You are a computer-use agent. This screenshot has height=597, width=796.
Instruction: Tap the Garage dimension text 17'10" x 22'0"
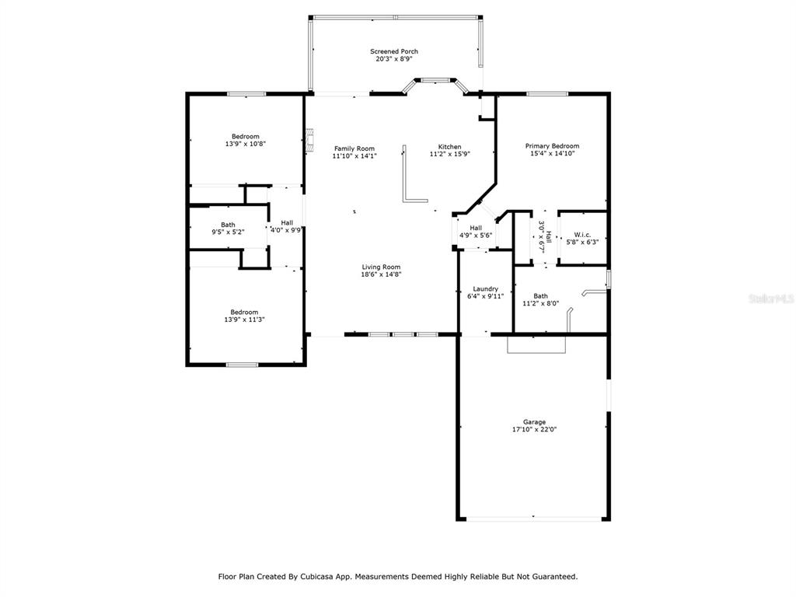tap(534, 429)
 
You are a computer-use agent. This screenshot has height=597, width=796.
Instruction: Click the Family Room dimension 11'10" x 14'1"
tap(354, 156)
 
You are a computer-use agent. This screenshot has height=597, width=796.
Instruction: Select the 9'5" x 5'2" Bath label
tap(228, 229)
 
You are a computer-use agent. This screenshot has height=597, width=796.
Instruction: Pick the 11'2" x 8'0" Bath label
tap(541, 299)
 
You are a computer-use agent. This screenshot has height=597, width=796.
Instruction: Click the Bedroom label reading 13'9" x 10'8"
tap(245, 140)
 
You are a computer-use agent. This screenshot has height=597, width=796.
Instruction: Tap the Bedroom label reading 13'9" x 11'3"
tap(244, 316)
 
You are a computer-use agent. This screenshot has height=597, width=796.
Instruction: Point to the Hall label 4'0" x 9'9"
tap(287, 226)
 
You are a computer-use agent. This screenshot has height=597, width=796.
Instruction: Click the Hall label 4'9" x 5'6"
tap(476, 232)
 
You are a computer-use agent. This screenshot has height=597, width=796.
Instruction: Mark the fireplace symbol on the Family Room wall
tap(309, 141)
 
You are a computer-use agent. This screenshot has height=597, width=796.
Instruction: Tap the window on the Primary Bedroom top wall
tap(546, 94)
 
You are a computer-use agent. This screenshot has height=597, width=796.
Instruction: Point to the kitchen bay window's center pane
tap(435, 80)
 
